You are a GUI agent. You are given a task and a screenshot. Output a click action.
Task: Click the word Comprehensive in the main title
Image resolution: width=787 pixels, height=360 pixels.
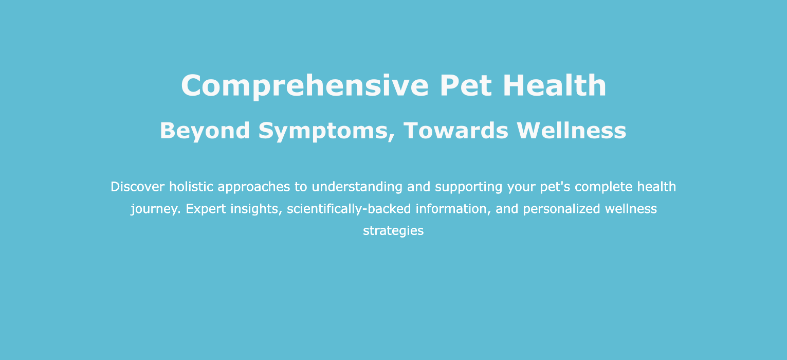[305, 86]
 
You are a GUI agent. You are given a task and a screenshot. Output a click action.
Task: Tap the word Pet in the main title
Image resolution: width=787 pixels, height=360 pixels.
[466, 85]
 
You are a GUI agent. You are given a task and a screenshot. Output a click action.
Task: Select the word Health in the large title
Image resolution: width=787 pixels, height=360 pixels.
[555, 85]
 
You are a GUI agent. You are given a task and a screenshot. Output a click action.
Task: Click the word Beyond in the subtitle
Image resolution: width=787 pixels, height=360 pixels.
[205, 131]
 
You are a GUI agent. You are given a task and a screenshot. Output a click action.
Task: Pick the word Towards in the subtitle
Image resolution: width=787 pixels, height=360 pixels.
[456, 131]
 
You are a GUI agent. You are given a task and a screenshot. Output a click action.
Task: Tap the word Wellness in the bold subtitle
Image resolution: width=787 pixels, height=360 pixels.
[572, 131]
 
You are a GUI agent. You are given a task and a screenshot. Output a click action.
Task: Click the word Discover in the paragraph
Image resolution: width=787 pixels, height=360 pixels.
[137, 187]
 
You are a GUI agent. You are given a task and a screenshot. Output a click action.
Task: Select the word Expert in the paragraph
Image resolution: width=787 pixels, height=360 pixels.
[206, 209]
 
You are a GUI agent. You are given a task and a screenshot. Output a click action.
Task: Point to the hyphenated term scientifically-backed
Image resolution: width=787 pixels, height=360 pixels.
[349, 209]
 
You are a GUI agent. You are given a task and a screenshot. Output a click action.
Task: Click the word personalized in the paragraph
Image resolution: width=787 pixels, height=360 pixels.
[561, 209]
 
